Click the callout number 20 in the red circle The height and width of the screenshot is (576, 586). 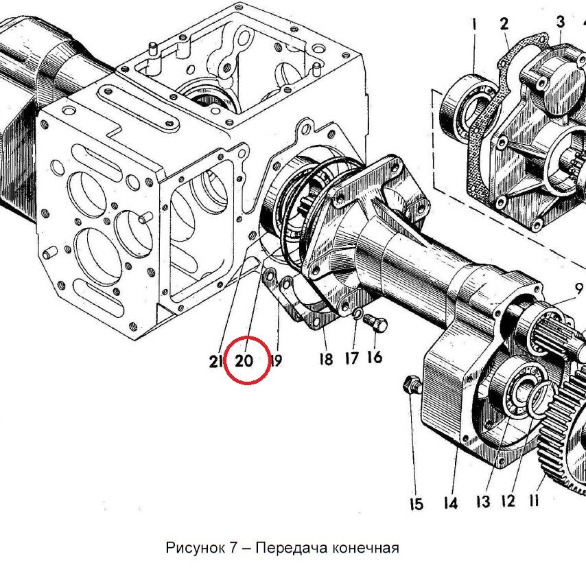pyautogui.click(x=244, y=360)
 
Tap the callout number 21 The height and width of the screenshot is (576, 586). pyautogui.click(x=215, y=361)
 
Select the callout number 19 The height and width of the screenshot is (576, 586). pyautogui.click(x=277, y=360)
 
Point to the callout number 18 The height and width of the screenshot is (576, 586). pyautogui.click(x=326, y=359)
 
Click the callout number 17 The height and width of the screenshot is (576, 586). pyautogui.click(x=352, y=358)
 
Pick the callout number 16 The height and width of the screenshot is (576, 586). pyautogui.click(x=375, y=356)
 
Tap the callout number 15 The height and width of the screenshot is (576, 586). pyautogui.click(x=417, y=504)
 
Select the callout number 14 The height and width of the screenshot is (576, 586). pyautogui.click(x=450, y=503)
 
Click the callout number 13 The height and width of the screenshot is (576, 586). pyautogui.click(x=483, y=502)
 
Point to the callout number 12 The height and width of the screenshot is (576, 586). pyautogui.click(x=508, y=500)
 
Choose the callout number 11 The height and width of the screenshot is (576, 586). pyautogui.click(x=534, y=500)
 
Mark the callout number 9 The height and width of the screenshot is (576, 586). pyautogui.click(x=578, y=288)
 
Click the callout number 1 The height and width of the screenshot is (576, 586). pyautogui.click(x=474, y=25)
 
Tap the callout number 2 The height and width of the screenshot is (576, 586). pyautogui.click(x=504, y=23)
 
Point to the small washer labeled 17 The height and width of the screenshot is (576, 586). pyautogui.click(x=358, y=314)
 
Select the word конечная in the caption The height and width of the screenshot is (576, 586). pyautogui.click(x=365, y=549)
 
